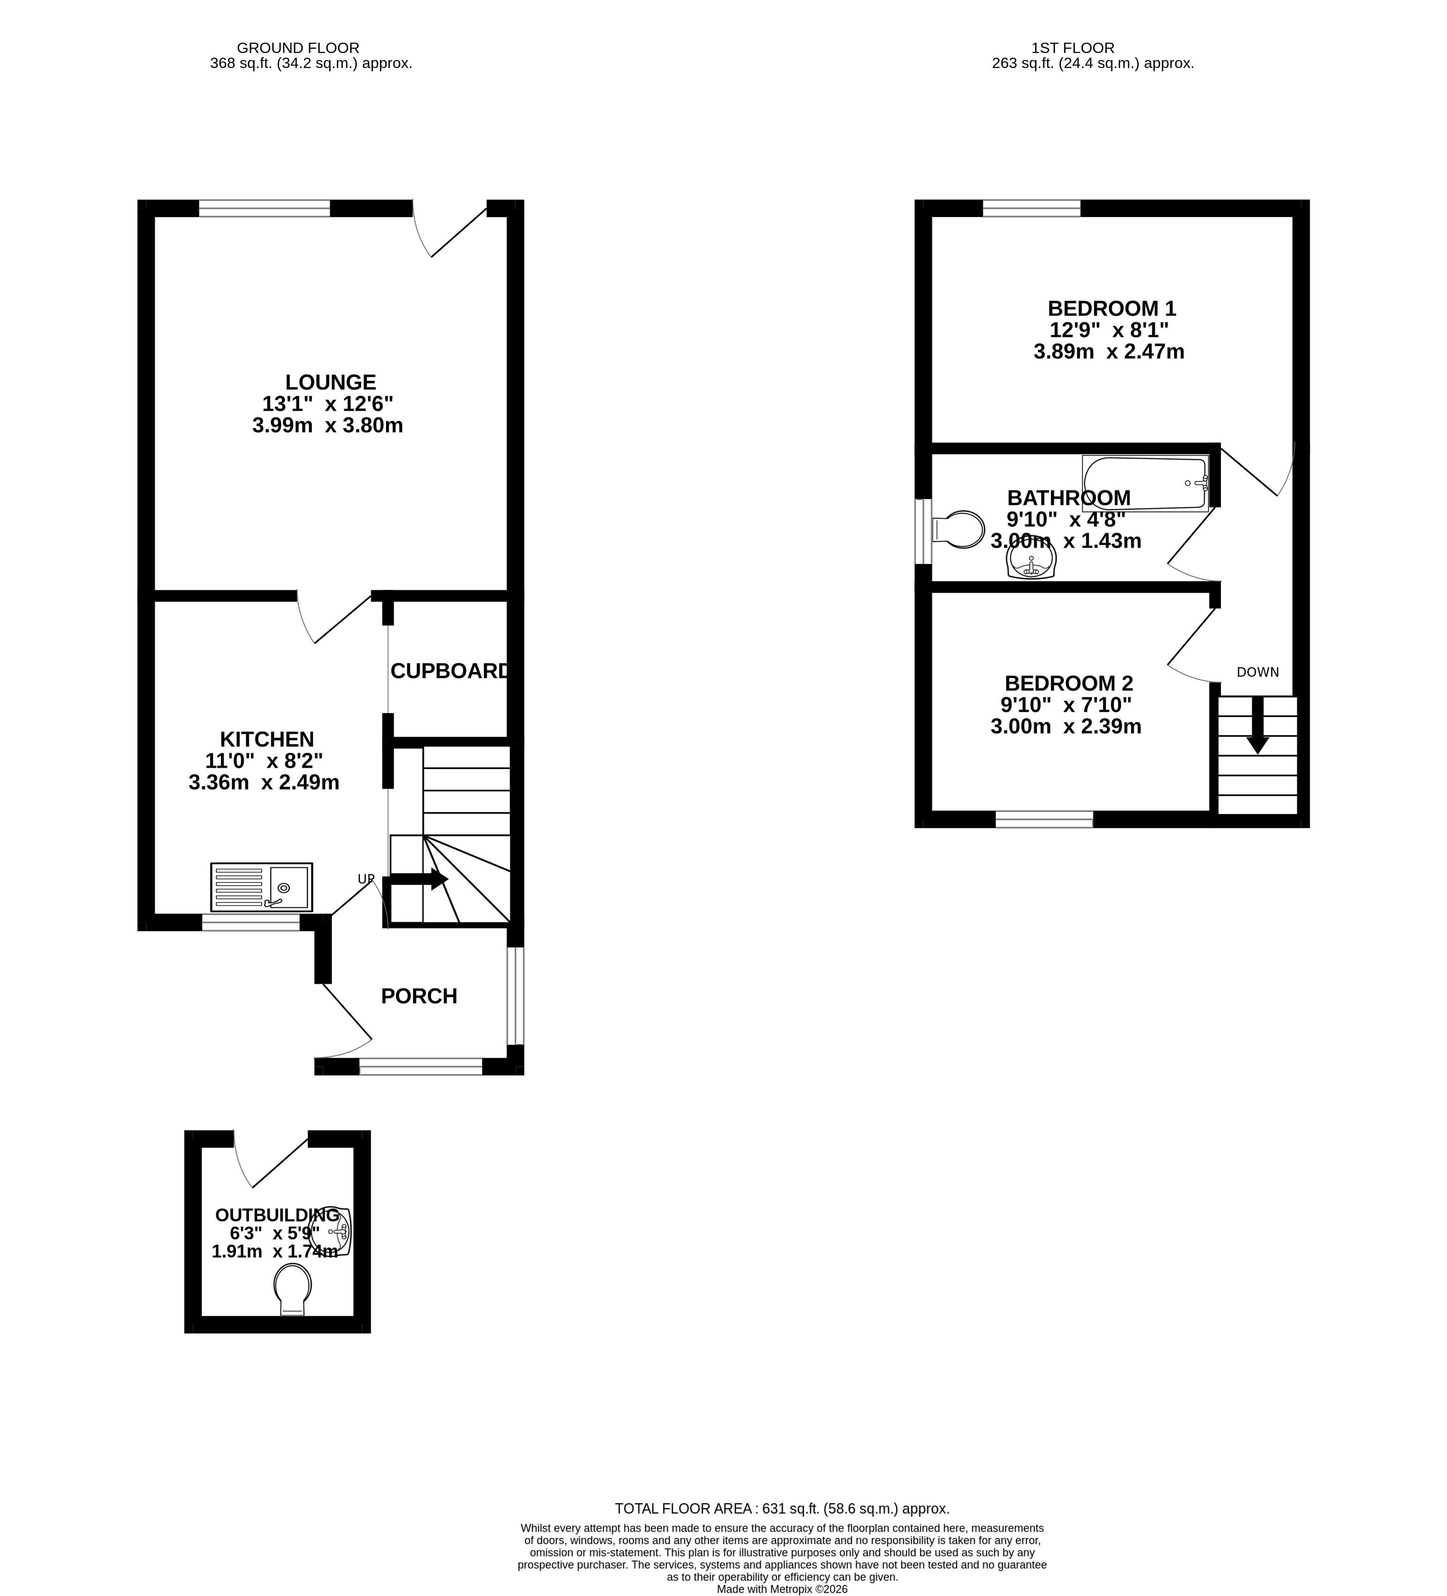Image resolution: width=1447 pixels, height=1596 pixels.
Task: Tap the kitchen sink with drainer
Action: (x=261, y=887)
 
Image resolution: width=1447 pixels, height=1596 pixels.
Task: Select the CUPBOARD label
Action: (x=450, y=670)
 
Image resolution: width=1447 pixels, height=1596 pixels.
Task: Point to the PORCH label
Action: (x=419, y=996)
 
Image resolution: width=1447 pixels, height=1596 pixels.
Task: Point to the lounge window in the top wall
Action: (x=264, y=208)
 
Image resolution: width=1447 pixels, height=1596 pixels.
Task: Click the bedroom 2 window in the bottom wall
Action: (x=1044, y=820)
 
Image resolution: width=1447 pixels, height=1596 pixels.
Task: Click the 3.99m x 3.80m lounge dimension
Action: (x=328, y=426)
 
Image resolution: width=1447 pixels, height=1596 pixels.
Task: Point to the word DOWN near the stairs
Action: (x=1258, y=672)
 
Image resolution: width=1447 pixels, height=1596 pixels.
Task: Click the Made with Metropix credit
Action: (x=782, y=1589)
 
